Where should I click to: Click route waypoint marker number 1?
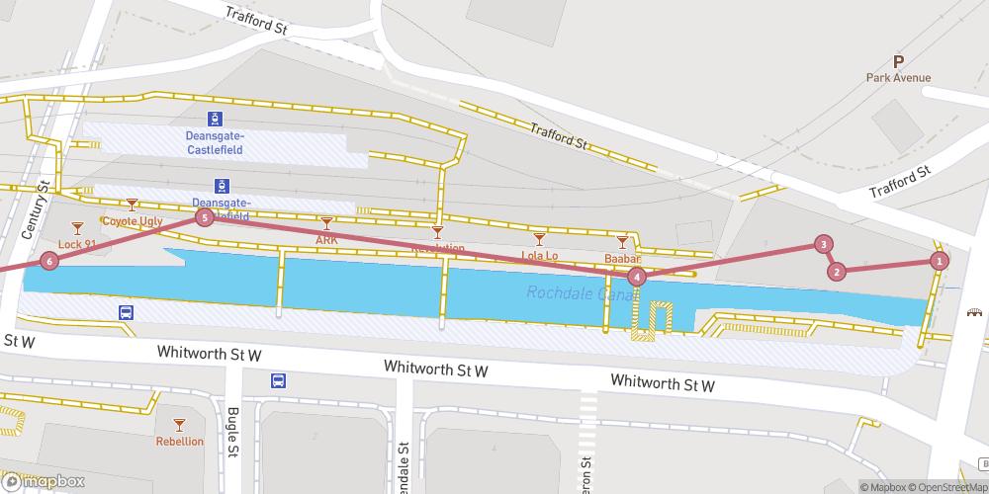(x=939, y=262)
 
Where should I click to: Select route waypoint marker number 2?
(x=837, y=272)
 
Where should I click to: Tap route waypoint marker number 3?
(x=823, y=244)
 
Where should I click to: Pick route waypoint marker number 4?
(x=637, y=278)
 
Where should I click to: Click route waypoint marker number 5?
(x=204, y=217)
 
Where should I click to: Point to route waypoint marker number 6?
(x=49, y=262)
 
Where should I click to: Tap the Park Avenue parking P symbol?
(x=898, y=61)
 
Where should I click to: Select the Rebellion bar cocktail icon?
(x=179, y=423)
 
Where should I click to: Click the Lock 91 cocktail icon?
(x=77, y=228)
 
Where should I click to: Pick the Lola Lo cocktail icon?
(x=539, y=239)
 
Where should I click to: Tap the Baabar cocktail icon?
(x=622, y=241)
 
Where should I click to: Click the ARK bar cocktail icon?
(x=326, y=223)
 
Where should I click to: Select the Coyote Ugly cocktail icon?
(x=132, y=205)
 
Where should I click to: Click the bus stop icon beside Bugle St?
(x=279, y=380)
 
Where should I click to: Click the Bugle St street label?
(x=233, y=432)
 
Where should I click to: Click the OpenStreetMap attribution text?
(x=950, y=486)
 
